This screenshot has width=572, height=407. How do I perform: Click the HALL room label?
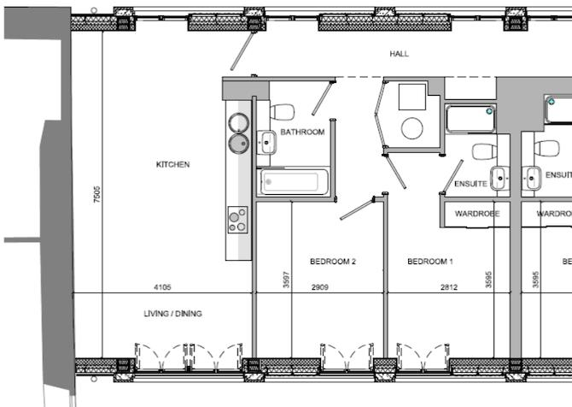[399, 54]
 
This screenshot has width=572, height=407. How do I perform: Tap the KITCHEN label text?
[172, 164]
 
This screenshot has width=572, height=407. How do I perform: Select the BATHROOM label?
[303, 133]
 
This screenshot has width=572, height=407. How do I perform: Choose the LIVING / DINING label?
[172, 314]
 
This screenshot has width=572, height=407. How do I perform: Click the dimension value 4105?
[163, 287]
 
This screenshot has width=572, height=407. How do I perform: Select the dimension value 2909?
[320, 287]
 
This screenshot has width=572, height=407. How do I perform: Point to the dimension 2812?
[449, 287]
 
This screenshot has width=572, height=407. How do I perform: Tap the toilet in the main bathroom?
[281, 111]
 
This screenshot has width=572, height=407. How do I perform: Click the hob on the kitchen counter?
[237, 221]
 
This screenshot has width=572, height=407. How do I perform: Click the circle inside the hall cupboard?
[412, 129]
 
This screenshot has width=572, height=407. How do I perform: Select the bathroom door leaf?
[321, 98]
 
